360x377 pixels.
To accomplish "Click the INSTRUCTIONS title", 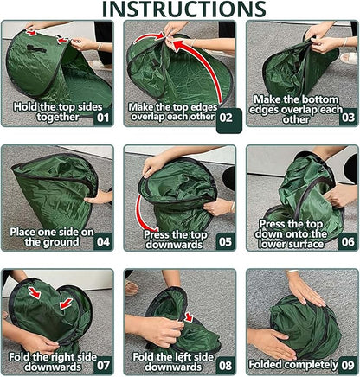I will (x=181, y=10).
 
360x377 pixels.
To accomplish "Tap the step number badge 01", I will (x=102, y=114).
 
